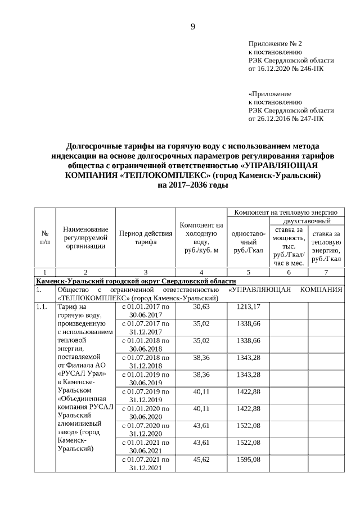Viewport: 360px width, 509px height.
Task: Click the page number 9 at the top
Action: coord(192,26)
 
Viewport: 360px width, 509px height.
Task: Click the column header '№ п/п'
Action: coord(44,237)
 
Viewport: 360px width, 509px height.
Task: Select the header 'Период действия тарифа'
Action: coord(145,237)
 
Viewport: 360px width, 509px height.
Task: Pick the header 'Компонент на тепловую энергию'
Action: coord(286,213)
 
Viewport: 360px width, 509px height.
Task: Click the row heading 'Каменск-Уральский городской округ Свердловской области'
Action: coord(136,281)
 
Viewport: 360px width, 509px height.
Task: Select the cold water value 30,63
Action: coord(201,307)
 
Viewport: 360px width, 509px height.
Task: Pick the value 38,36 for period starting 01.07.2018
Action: coord(201,358)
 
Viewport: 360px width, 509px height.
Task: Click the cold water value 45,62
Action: coord(201,460)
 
